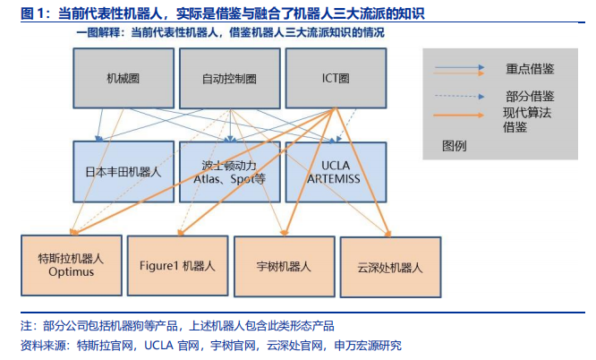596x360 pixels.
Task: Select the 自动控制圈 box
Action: (x=229, y=78)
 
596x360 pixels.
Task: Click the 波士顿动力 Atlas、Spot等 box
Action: (x=229, y=171)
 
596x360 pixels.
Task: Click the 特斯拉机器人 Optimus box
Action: (x=71, y=265)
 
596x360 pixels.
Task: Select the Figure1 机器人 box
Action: (x=176, y=265)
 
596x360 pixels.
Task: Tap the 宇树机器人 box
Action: (x=283, y=266)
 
